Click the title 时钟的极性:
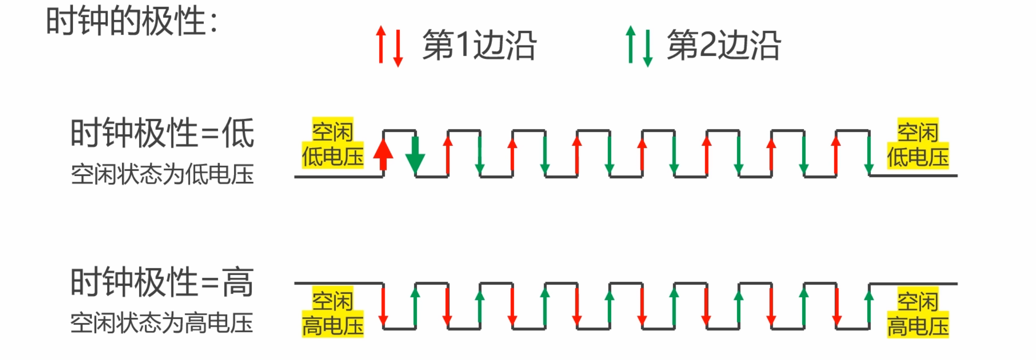click(x=132, y=21)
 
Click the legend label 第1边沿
click(x=479, y=45)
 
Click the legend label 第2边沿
click(x=724, y=45)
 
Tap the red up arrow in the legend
click(x=380, y=44)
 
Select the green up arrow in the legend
click(x=630, y=44)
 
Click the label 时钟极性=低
click(x=162, y=133)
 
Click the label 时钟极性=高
click(x=162, y=282)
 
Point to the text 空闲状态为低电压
click(x=162, y=174)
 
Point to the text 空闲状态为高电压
click(x=162, y=323)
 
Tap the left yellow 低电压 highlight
click(x=332, y=156)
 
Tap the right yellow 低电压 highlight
click(x=918, y=156)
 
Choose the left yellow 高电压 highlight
click(x=332, y=324)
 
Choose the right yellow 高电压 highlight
click(x=918, y=325)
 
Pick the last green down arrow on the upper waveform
click(x=869, y=153)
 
